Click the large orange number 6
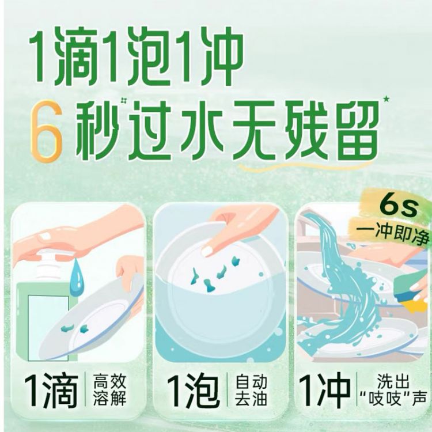pyautogui.click(x=46, y=131)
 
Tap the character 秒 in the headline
pyautogui.click(x=97, y=130)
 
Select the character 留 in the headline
pyautogui.click(x=356, y=130)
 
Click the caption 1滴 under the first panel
pyautogui.click(x=51, y=391)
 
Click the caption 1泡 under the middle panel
pyautogui.click(x=193, y=391)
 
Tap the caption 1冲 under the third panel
pyautogui.click(x=324, y=389)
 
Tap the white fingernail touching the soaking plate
pyautogui.click(x=207, y=251)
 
